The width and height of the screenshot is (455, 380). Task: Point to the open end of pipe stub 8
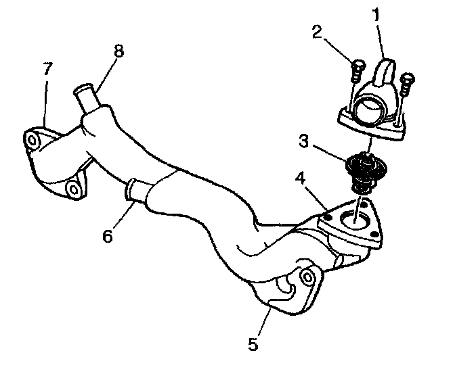click(x=83, y=89)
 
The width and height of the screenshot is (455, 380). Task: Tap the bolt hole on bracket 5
click(x=307, y=277)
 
